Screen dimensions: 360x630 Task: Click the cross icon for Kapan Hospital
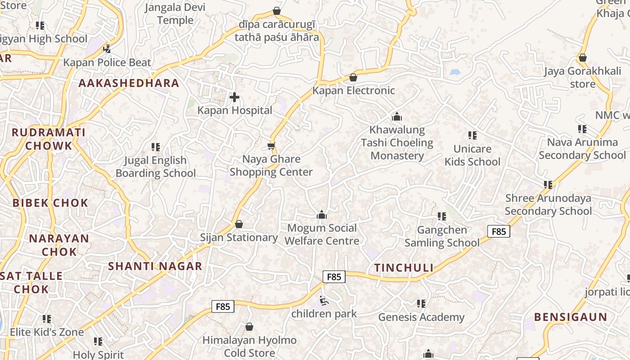point(234,97)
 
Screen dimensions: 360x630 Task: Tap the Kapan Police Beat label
point(107,63)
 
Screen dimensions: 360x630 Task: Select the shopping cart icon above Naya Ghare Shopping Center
point(271,146)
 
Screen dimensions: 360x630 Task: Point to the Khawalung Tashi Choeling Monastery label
point(397,143)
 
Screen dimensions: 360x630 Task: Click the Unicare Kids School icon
point(472,135)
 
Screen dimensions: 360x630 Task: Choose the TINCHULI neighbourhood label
point(404,268)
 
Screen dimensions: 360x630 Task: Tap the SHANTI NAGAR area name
point(155,266)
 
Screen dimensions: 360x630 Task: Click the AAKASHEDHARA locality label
point(129,83)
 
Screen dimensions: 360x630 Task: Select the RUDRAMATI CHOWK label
point(49,139)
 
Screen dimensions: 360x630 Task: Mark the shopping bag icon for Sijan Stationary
point(239,224)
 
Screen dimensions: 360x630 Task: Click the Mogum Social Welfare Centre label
point(322,234)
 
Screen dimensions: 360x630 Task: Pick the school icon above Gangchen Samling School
point(441,216)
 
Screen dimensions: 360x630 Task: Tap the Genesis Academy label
point(421,317)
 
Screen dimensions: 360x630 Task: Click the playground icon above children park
point(324,300)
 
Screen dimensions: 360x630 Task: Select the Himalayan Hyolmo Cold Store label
point(249,346)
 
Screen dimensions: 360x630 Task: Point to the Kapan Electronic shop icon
point(353,77)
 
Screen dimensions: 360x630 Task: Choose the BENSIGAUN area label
point(571,317)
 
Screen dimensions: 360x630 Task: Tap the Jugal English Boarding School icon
point(156,147)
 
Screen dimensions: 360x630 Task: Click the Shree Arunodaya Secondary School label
point(548,205)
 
